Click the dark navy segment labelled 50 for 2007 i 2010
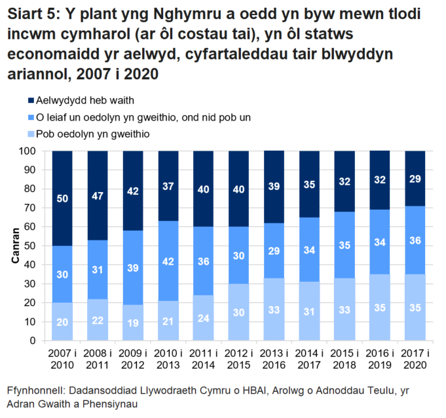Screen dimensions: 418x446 62,198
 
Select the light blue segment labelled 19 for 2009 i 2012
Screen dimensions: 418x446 133,322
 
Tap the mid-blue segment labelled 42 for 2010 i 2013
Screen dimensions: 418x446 168,261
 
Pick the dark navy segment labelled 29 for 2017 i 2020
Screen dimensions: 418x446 415,178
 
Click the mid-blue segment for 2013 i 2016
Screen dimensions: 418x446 274,250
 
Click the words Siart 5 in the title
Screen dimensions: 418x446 31,14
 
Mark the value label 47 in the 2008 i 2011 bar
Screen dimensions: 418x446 98,195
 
